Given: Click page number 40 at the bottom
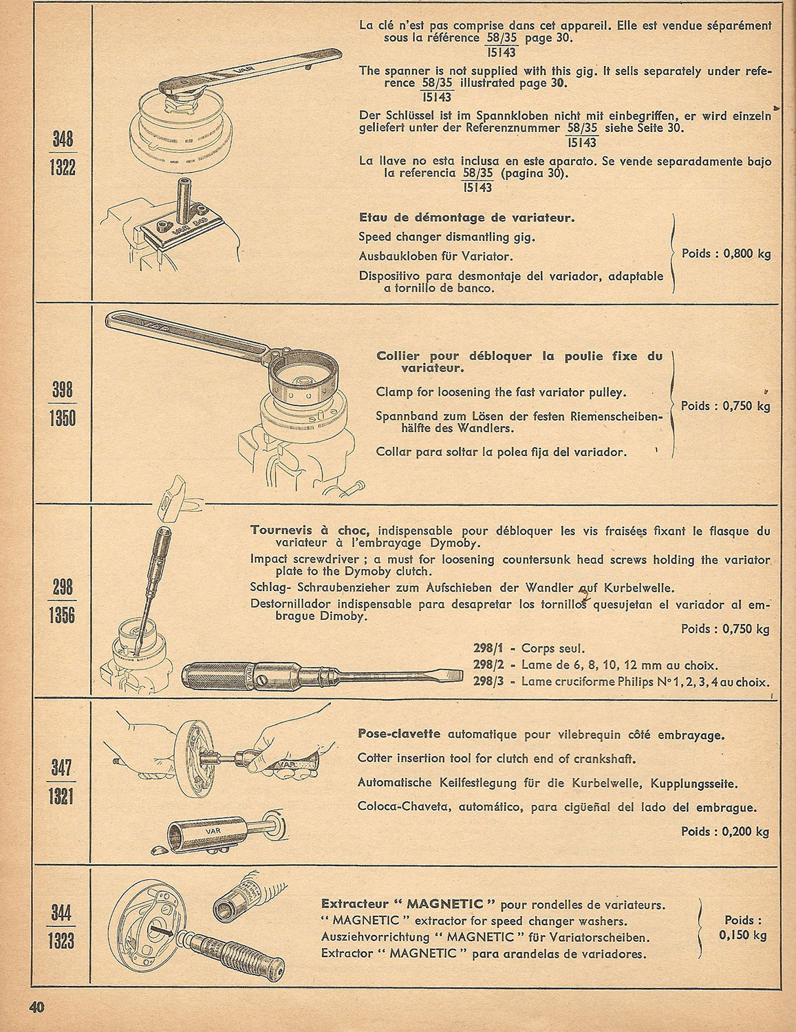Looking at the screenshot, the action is tap(36, 1007).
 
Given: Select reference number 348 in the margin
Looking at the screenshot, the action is tap(62, 139).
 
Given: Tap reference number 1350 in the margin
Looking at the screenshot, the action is tap(62, 418).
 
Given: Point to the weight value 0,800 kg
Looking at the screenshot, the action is tap(747, 254).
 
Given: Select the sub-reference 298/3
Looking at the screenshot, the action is tap(488, 682).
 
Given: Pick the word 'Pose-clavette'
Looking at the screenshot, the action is tap(399, 733).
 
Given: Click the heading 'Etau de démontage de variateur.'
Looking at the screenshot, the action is tap(467, 218).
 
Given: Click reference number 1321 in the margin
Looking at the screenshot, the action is tap(62, 796).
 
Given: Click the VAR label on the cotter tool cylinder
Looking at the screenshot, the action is tap(213, 831).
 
